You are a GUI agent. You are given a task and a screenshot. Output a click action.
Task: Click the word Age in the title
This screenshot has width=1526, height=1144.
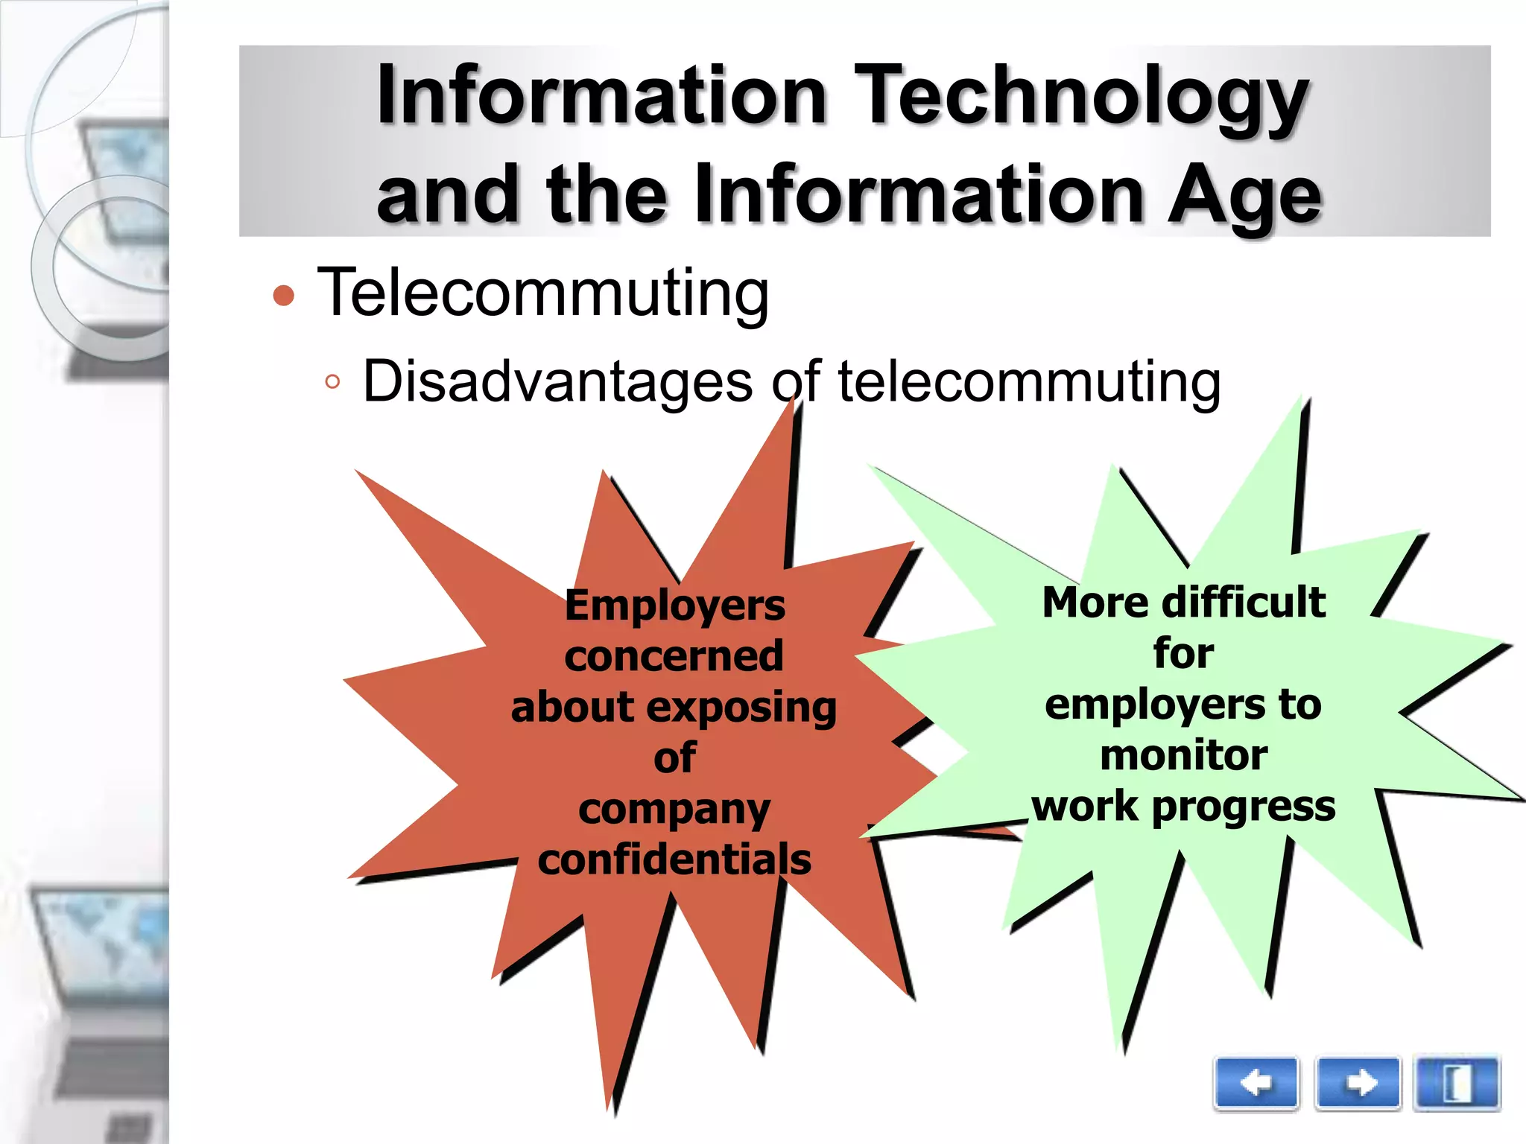(1244, 195)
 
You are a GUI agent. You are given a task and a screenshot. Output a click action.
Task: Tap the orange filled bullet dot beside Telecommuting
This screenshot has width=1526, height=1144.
(284, 296)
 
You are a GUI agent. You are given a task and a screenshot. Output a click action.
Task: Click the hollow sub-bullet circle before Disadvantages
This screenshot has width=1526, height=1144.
(332, 383)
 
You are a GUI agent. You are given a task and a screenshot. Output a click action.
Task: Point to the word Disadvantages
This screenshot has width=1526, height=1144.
(557, 381)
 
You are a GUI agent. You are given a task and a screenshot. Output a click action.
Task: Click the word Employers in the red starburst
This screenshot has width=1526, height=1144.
(674, 605)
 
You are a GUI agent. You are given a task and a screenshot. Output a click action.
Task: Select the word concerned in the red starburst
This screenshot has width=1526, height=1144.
(674, 656)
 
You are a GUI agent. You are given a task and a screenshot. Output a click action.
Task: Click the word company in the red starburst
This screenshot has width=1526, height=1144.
(674, 810)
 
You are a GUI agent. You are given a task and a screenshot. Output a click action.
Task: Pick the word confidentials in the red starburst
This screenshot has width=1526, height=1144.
(674, 859)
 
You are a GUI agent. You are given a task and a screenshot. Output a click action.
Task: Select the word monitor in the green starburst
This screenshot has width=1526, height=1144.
(1183, 755)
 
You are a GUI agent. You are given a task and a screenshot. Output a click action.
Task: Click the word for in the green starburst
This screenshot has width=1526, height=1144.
(1183, 653)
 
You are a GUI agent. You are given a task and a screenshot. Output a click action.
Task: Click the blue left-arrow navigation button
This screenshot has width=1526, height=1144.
(1256, 1083)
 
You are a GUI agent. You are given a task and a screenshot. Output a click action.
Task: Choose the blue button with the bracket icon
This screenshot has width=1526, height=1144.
(1457, 1083)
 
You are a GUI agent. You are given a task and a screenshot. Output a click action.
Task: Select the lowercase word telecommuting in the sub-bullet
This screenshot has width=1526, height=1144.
(1029, 381)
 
